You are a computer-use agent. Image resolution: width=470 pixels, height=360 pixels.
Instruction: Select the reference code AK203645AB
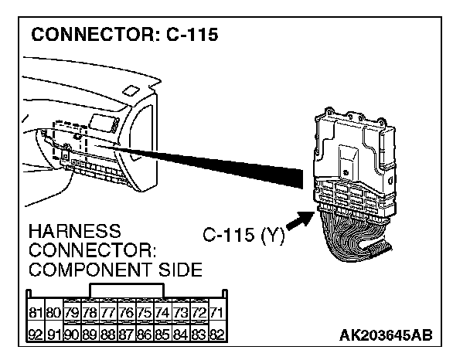385,335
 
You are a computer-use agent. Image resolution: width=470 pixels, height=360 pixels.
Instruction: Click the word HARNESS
74,231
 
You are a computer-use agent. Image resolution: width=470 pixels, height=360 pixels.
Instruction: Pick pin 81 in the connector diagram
35,313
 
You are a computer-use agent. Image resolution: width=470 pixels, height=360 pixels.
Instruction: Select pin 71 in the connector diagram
216,313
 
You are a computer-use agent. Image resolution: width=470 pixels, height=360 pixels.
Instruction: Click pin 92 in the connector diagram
35,335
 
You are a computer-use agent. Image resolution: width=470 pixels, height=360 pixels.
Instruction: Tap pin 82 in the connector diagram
216,335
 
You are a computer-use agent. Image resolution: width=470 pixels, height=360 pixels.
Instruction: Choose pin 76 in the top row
125,313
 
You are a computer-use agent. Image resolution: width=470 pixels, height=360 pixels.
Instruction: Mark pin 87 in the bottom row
125,335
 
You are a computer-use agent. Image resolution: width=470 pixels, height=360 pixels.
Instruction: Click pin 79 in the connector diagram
71,313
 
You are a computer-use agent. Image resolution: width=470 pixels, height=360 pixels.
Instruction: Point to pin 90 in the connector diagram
71,335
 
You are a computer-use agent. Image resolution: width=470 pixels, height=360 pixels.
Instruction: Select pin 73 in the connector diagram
180,313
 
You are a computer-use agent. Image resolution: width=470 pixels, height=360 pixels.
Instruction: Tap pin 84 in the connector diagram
180,335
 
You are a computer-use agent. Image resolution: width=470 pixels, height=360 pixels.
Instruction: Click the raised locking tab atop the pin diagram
126,290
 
